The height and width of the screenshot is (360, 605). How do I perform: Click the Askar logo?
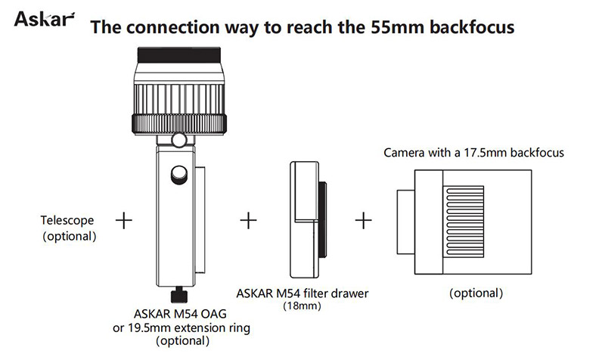tap(45, 17)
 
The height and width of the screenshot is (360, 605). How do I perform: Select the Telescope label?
tap(67, 221)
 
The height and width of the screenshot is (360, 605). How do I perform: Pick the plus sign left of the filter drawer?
tap(248, 221)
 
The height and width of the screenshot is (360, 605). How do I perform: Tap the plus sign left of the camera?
tap(364, 221)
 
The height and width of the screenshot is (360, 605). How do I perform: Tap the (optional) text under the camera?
tap(476, 293)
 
